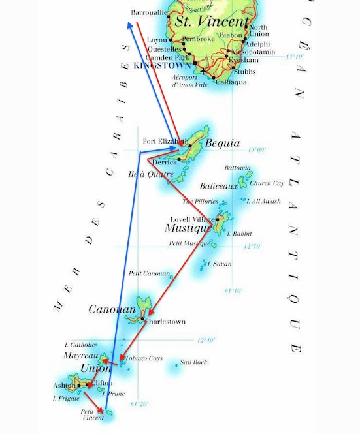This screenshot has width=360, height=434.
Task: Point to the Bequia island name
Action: (x=222, y=143)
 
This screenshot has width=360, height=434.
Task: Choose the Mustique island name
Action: (x=188, y=228)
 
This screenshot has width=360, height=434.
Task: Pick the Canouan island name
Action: (x=112, y=309)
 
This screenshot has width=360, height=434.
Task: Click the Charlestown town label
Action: (x=165, y=321)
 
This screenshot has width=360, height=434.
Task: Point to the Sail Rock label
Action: (x=193, y=362)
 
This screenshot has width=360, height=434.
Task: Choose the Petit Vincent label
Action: (x=91, y=415)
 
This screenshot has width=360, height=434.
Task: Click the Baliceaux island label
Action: (x=219, y=186)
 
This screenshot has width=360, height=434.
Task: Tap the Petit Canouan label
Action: (x=150, y=273)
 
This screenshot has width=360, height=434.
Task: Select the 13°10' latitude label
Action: (x=295, y=57)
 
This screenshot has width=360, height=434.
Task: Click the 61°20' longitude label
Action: (x=138, y=404)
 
